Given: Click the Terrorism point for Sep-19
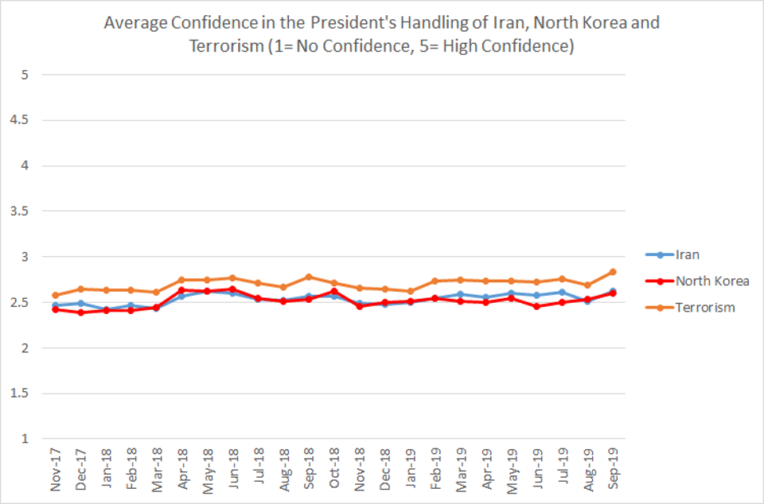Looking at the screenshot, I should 612,272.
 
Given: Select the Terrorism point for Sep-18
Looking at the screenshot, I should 308,277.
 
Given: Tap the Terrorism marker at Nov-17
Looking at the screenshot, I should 55,295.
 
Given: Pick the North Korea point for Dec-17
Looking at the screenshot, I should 80,312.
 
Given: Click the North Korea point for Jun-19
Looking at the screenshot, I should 536,306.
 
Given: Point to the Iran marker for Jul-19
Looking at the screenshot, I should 562,292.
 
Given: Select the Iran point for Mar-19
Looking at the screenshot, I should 460,294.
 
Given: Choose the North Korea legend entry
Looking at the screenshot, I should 711,281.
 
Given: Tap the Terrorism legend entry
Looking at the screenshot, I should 703,307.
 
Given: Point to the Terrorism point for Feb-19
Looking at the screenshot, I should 435,281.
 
